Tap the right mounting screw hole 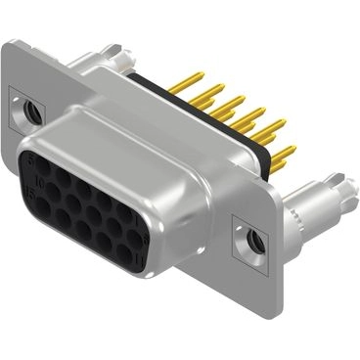point(254,238)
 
